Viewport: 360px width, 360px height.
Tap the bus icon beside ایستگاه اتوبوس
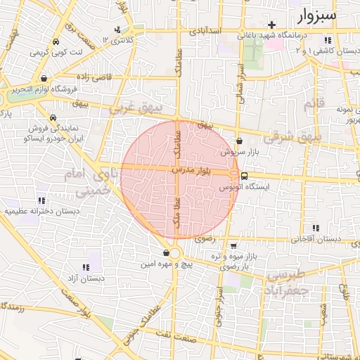(x=244, y=176)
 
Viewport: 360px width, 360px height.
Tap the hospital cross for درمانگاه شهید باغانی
(x=271, y=25)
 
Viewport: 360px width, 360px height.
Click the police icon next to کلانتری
(x=117, y=30)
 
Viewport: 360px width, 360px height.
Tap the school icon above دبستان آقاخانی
(x=316, y=228)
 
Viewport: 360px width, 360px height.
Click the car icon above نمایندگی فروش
(x=53, y=118)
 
